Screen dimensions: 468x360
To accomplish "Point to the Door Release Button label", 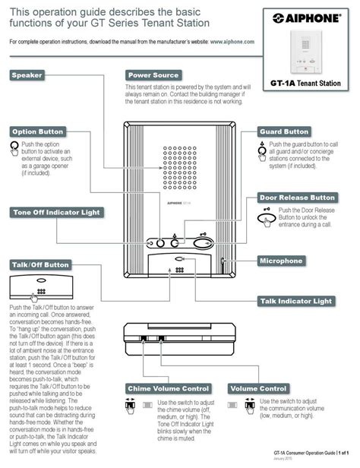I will tap(298, 198).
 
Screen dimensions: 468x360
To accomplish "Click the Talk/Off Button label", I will tap(39, 265).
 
